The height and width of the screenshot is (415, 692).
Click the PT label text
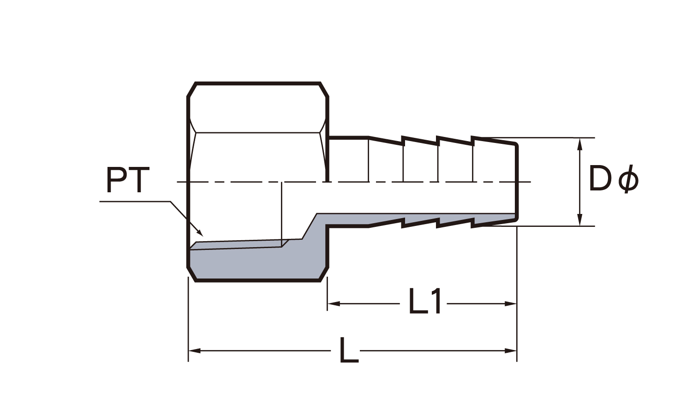click(128, 181)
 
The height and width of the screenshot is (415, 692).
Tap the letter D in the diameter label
click(600, 178)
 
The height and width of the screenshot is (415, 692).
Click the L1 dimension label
click(426, 302)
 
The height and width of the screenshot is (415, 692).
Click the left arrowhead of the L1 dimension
click(332, 303)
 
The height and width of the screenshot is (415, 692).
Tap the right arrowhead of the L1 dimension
click(511, 303)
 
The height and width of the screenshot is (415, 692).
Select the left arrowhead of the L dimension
click(194, 351)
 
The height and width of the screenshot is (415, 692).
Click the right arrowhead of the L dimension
click(511, 351)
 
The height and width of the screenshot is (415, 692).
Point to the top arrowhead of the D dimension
click(580, 142)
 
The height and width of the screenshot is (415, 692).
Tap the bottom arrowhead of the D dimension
click(580, 221)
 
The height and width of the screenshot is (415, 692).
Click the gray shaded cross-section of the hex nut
click(249, 263)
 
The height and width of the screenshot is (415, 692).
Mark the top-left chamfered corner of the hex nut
click(191, 90)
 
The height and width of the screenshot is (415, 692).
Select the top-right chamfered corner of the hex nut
click(324, 90)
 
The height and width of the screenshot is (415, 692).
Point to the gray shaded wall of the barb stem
click(415, 219)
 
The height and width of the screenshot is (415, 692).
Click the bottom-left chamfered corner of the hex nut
click(191, 273)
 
